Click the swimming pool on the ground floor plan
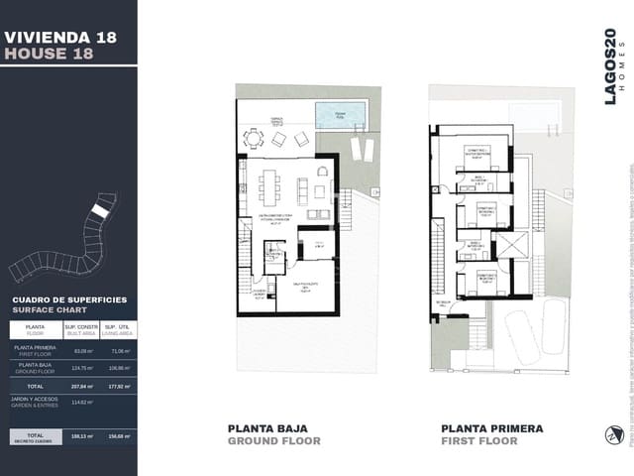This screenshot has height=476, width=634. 339,115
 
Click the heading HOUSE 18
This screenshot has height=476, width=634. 49,54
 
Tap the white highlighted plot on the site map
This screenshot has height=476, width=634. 99,211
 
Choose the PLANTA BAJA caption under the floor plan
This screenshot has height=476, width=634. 274,428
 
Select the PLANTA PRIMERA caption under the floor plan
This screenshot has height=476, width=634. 492,428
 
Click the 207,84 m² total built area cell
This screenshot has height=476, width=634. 83,385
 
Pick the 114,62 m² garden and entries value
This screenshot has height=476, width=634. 83,402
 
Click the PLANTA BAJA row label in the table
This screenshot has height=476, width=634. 34,367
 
